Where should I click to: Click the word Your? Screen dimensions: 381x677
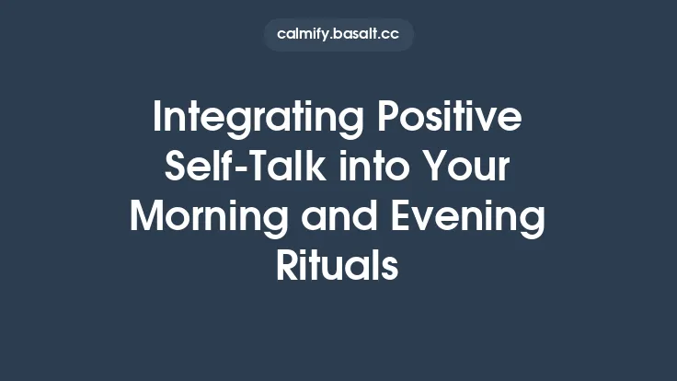467,169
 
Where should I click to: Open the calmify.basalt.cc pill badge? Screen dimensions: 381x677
338,35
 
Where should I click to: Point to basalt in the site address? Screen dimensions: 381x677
360,35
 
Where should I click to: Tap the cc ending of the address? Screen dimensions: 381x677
392,35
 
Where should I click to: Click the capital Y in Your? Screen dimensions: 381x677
431,167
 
